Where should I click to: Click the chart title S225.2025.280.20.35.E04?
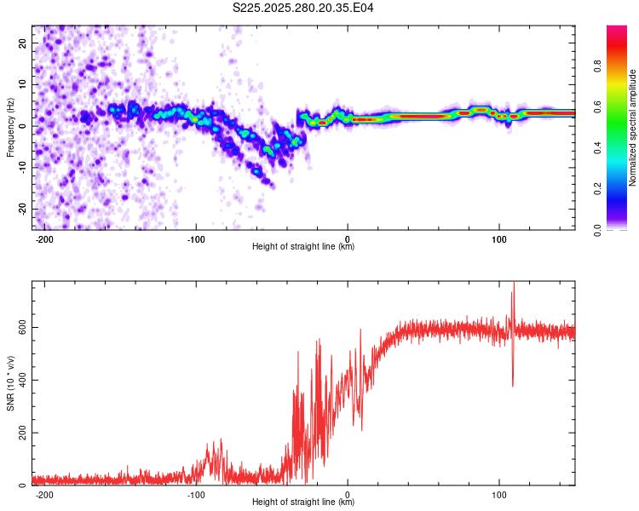coord(303,8)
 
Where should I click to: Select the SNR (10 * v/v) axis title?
coord(10,383)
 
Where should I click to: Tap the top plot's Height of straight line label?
coord(303,246)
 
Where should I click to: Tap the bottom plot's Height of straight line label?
coord(303,502)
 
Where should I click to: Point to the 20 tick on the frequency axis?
coord(23,43)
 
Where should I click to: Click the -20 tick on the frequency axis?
coord(21,210)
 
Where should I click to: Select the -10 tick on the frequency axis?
coord(21,168)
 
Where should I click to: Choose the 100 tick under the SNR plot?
coord(498,494)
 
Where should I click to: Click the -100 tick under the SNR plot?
coord(196,494)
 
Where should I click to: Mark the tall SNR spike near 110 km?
coord(513,294)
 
